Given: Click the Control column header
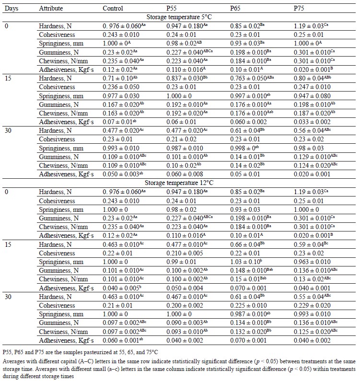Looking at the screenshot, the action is (x=113, y=8).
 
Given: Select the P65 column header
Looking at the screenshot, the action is (x=235, y=8).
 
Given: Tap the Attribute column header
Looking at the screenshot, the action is (x=51, y=8).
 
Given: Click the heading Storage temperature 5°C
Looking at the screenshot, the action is (x=179, y=17).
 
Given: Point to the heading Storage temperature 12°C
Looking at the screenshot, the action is (x=179, y=183).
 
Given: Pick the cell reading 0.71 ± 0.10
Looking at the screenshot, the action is (x=120, y=78).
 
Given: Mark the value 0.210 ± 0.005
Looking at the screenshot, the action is (x=185, y=253).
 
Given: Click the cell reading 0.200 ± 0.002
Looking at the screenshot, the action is (x=185, y=305).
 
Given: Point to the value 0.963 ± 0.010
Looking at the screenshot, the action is (x=312, y=262).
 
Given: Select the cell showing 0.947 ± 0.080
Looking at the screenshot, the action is (x=312, y=96).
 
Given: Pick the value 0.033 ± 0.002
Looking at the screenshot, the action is (x=312, y=122).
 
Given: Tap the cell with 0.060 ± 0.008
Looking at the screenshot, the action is (x=185, y=174).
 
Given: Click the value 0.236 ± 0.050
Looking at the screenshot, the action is (x=121, y=87).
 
